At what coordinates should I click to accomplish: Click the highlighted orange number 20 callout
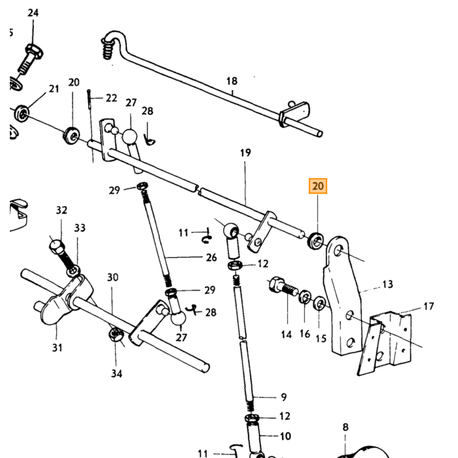click(x=318, y=186)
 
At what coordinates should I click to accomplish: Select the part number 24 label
click(x=33, y=12)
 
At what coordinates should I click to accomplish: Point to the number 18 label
click(x=232, y=81)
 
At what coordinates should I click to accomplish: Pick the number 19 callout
click(x=245, y=152)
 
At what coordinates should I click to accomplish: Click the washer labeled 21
click(x=22, y=113)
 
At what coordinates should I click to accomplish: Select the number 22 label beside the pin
click(x=111, y=98)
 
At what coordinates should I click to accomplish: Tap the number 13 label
click(x=387, y=284)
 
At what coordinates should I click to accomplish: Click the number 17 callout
click(x=429, y=306)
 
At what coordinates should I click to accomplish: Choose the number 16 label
click(x=305, y=334)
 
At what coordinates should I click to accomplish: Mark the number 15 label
click(x=321, y=338)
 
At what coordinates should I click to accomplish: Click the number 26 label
click(x=211, y=257)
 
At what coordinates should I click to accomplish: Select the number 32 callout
click(x=62, y=210)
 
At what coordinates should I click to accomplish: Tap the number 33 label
click(x=80, y=228)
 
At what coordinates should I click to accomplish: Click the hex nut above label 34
click(x=116, y=335)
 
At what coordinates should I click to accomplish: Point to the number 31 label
click(x=58, y=347)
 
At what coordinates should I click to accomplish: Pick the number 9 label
click(x=283, y=397)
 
